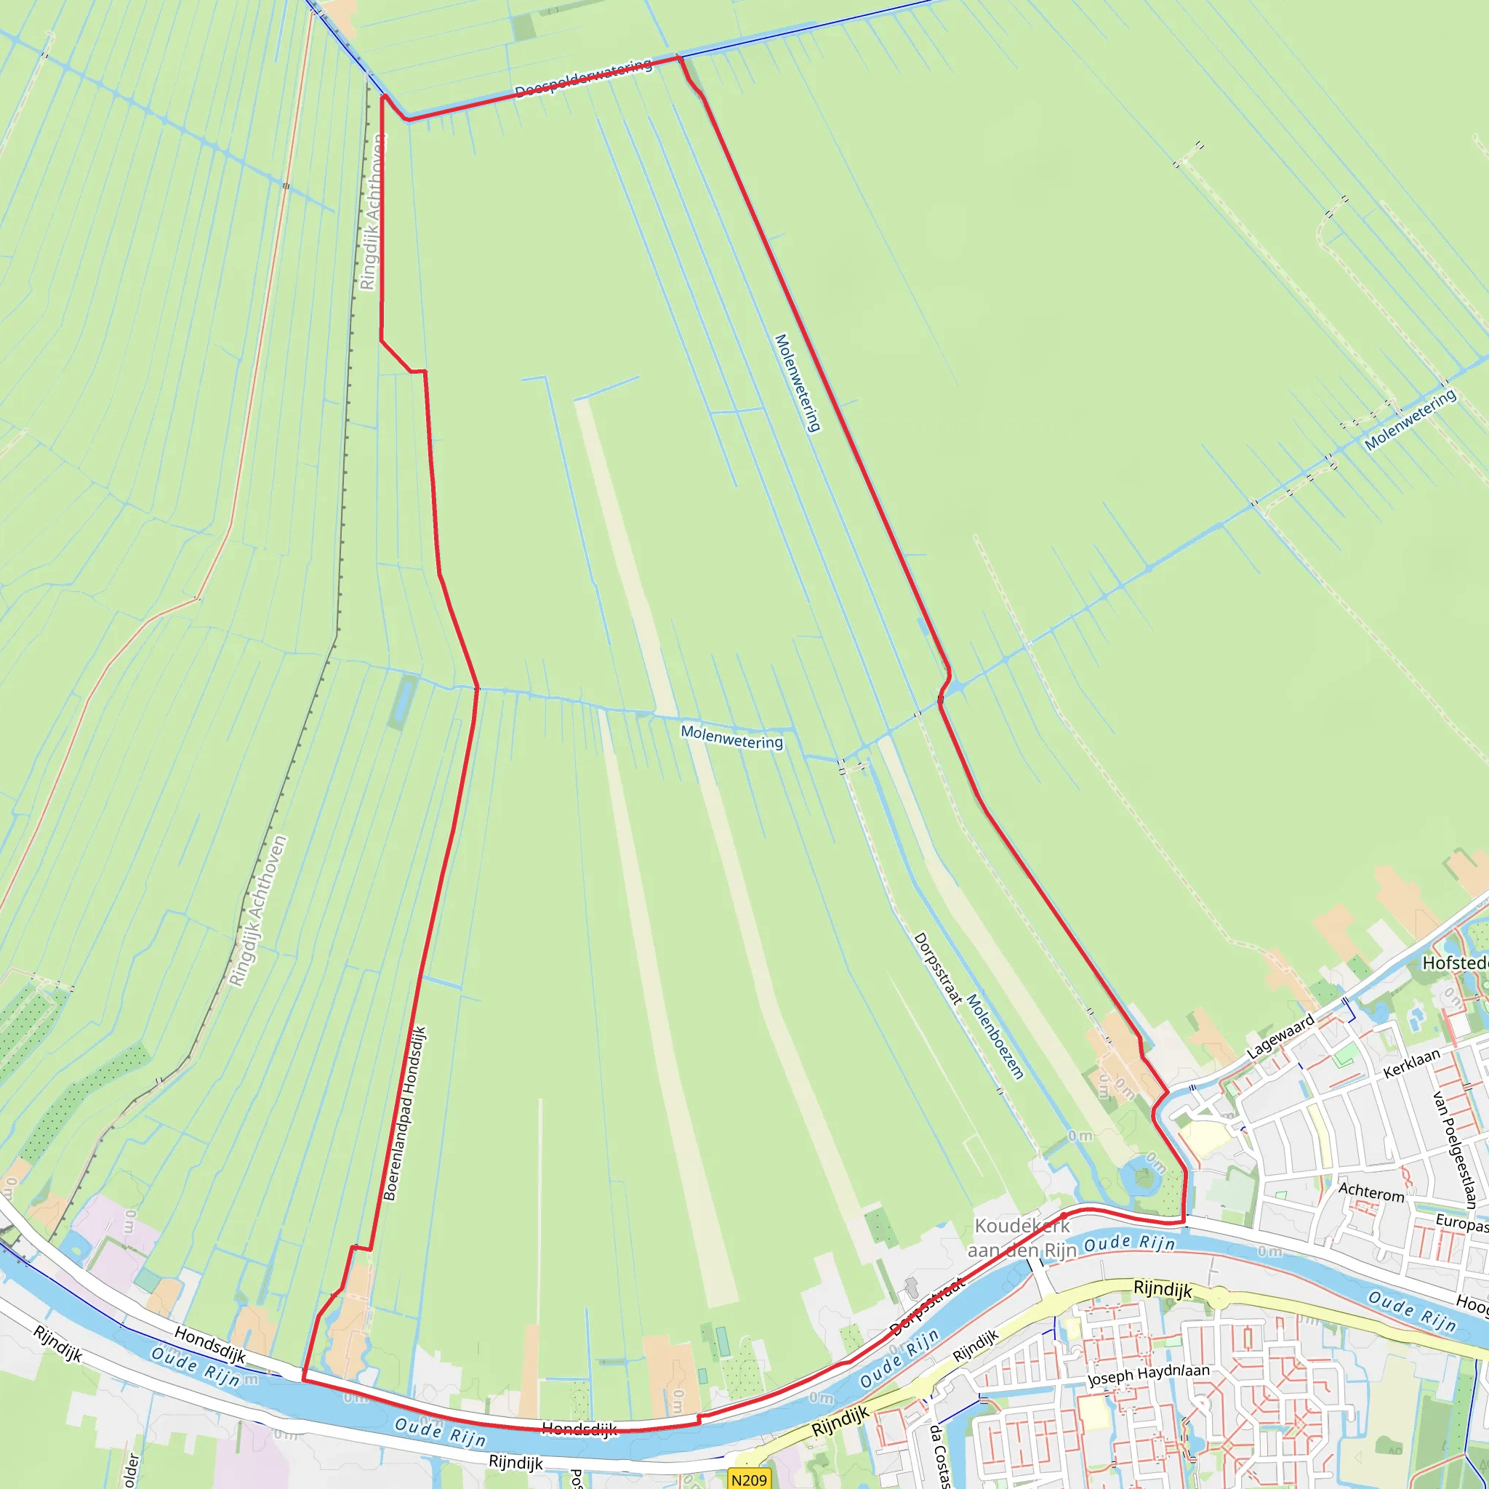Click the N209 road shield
pyautogui.click(x=749, y=1479)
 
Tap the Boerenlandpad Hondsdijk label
pyautogui.click(x=405, y=1113)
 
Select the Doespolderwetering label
pyautogui.click(x=583, y=79)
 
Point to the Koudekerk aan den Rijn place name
pyautogui.click(x=1022, y=1237)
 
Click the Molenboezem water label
pyautogui.click(x=995, y=1036)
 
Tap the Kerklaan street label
pyautogui.click(x=1411, y=1064)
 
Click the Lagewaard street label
pyautogui.click(x=1281, y=1037)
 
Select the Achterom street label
pyautogui.click(x=1371, y=1192)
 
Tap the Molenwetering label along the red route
pyautogui.click(x=798, y=382)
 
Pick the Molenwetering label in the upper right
pyautogui.click(x=1410, y=420)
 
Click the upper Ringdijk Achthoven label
pyautogui.click(x=372, y=212)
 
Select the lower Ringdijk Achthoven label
pyautogui.click(x=258, y=911)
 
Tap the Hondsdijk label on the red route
pyautogui.click(x=579, y=1430)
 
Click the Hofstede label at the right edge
pyautogui.click(x=1455, y=963)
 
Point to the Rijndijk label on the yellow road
pyautogui.click(x=1163, y=1289)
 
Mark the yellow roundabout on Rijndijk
pyautogui.click(x=1218, y=1299)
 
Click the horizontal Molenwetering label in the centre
pyautogui.click(x=731, y=737)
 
